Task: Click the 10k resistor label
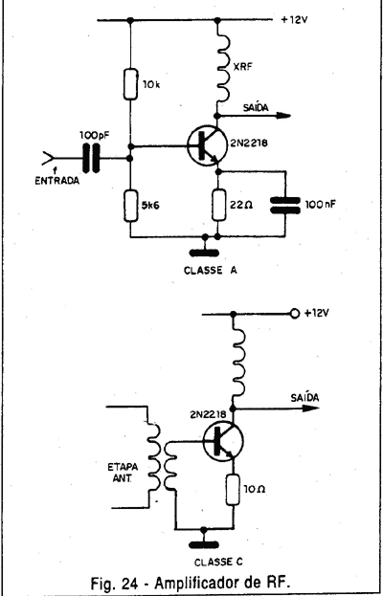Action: [152, 84]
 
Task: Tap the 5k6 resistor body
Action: [130, 206]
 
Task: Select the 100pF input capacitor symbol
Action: [91, 158]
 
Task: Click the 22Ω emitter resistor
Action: [218, 205]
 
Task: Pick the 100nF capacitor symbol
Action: [284, 205]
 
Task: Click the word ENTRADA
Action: [57, 181]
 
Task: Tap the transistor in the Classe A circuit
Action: [207, 145]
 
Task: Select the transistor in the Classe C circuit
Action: [223, 441]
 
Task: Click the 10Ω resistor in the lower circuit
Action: [233, 490]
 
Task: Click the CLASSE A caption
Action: [211, 270]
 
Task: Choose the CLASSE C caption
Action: [218, 562]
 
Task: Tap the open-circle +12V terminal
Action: [294, 314]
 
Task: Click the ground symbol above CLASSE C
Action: [204, 545]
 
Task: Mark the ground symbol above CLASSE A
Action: [204, 254]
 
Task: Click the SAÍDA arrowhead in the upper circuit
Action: [283, 116]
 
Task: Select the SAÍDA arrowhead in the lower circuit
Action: [310, 408]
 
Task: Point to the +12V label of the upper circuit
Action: [294, 20]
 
